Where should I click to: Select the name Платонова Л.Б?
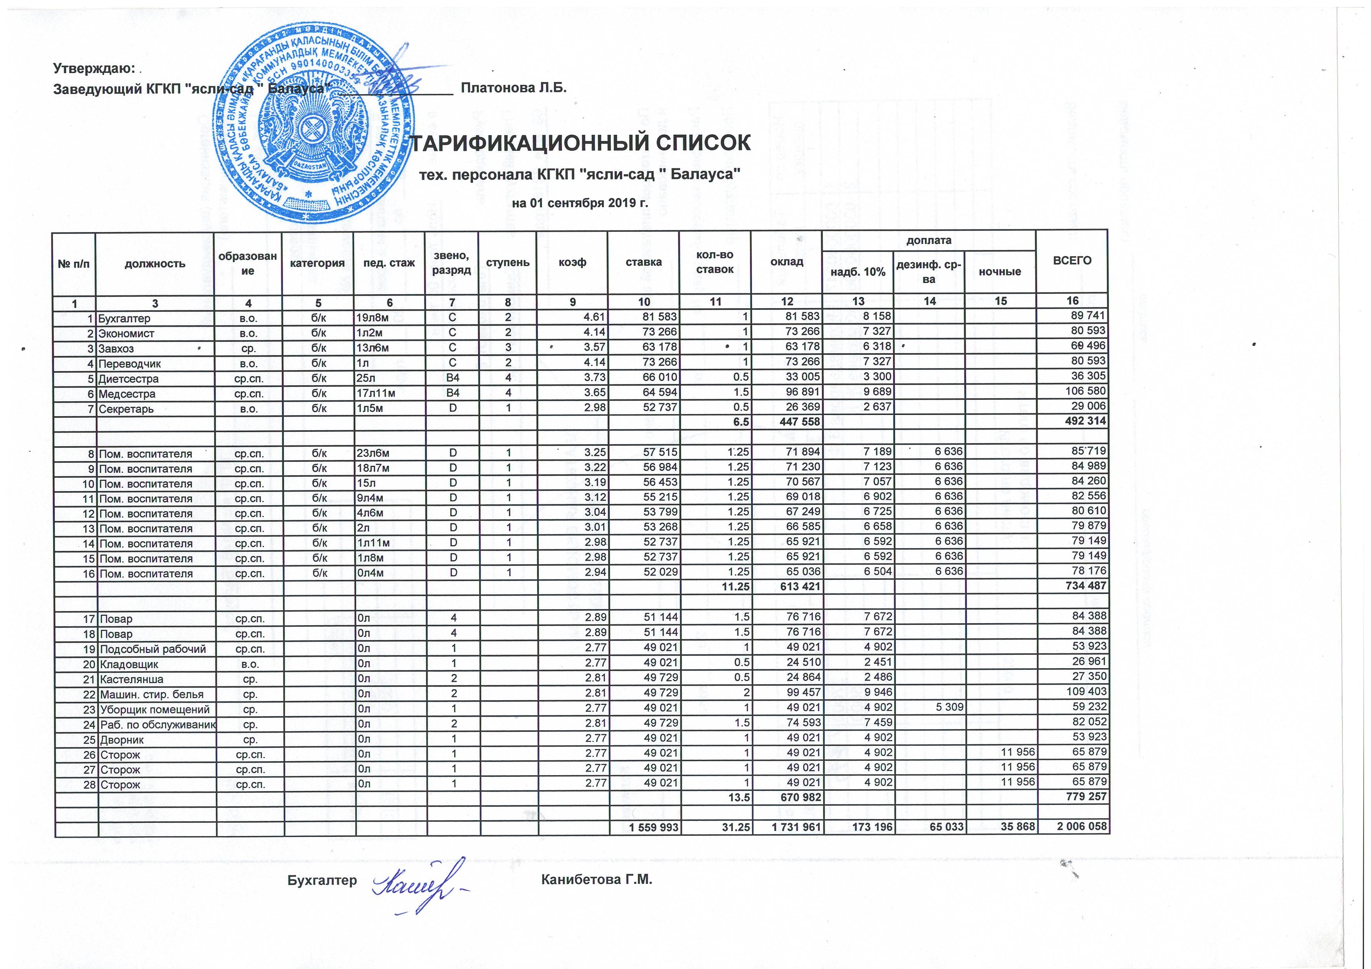pyautogui.click(x=514, y=88)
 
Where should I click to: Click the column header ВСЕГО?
pyautogui.click(x=1072, y=261)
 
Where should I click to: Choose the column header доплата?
pyautogui.click(x=929, y=241)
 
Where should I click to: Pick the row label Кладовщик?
pyautogui.click(x=129, y=664)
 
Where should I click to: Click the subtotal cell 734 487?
pyautogui.click(x=1086, y=586)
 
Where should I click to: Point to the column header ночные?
pyautogui.click(x=1000, y=272)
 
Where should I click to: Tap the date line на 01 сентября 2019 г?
pyautogui.click(x=580, y=203)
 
